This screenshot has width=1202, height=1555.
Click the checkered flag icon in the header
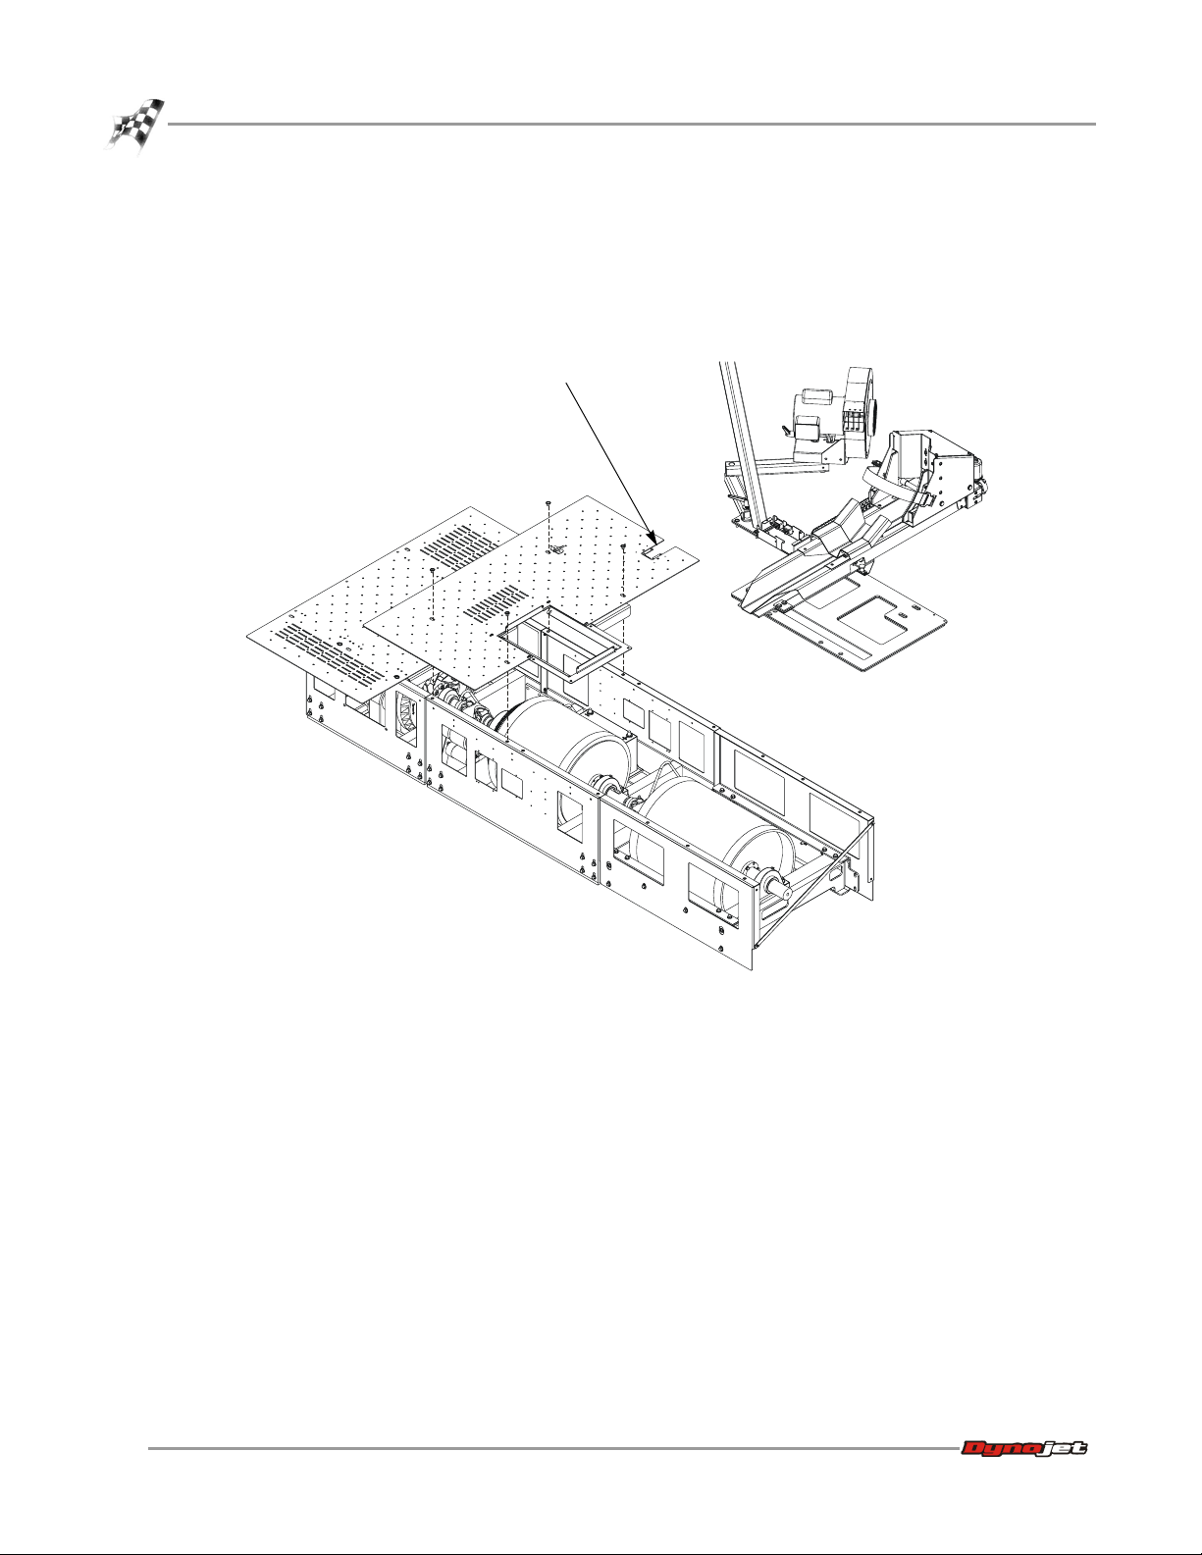[135, 125]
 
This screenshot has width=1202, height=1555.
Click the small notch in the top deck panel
[653, 553]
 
